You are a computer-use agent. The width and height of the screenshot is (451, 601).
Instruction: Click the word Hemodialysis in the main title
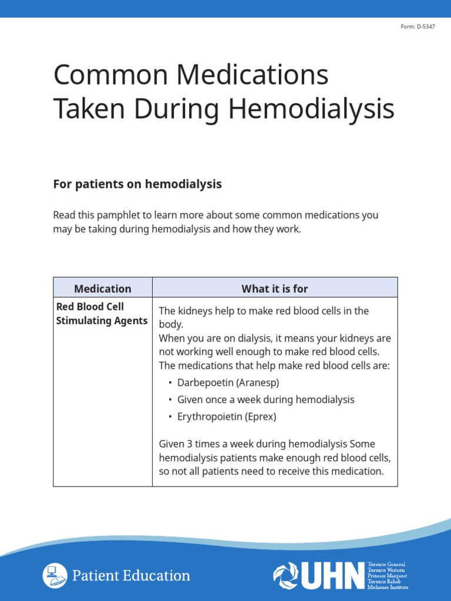point(311,109)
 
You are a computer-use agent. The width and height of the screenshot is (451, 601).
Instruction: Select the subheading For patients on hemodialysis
point(137,184)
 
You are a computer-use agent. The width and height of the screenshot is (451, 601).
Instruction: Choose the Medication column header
point(103,288)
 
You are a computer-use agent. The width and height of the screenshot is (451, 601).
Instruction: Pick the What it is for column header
point(274,288)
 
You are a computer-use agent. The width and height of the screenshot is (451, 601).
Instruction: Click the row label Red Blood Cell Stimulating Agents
point(101,314)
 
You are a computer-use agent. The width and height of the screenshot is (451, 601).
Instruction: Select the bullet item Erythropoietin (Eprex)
point(226,417)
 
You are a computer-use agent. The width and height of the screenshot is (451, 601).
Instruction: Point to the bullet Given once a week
point(265,400)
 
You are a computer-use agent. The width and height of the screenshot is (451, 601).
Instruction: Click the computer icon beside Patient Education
point(54,575)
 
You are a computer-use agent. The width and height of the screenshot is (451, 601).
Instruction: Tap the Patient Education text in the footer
point(131,576)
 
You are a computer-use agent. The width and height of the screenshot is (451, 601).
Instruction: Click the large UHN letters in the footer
point(333,576)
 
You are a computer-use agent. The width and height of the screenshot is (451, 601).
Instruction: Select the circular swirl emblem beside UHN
point(286,576)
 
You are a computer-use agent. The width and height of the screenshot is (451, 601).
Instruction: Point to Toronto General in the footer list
point(386,565)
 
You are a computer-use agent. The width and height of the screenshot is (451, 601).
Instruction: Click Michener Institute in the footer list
point(388,587)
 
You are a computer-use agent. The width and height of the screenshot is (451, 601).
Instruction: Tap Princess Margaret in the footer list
point(386,576)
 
